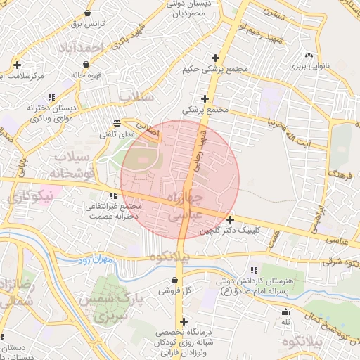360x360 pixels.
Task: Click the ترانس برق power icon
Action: [x=87, y=13]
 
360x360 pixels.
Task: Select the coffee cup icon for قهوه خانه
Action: [x=74, y=73]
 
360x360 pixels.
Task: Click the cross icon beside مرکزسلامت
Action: [x=17, y=65]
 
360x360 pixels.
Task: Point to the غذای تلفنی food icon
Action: [x=117, y=123]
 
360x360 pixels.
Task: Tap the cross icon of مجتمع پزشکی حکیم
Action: [x=216, y=58]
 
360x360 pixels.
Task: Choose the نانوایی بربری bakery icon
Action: [x=309, y=56]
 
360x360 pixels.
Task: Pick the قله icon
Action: [x=285, y=312]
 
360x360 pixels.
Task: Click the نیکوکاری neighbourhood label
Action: [x=28, y=198]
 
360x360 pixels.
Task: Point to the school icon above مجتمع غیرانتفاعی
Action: [x=113, y=195]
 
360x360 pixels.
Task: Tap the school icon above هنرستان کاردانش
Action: [x=254, y=270]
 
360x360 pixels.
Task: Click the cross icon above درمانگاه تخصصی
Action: [x=184, y=321]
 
